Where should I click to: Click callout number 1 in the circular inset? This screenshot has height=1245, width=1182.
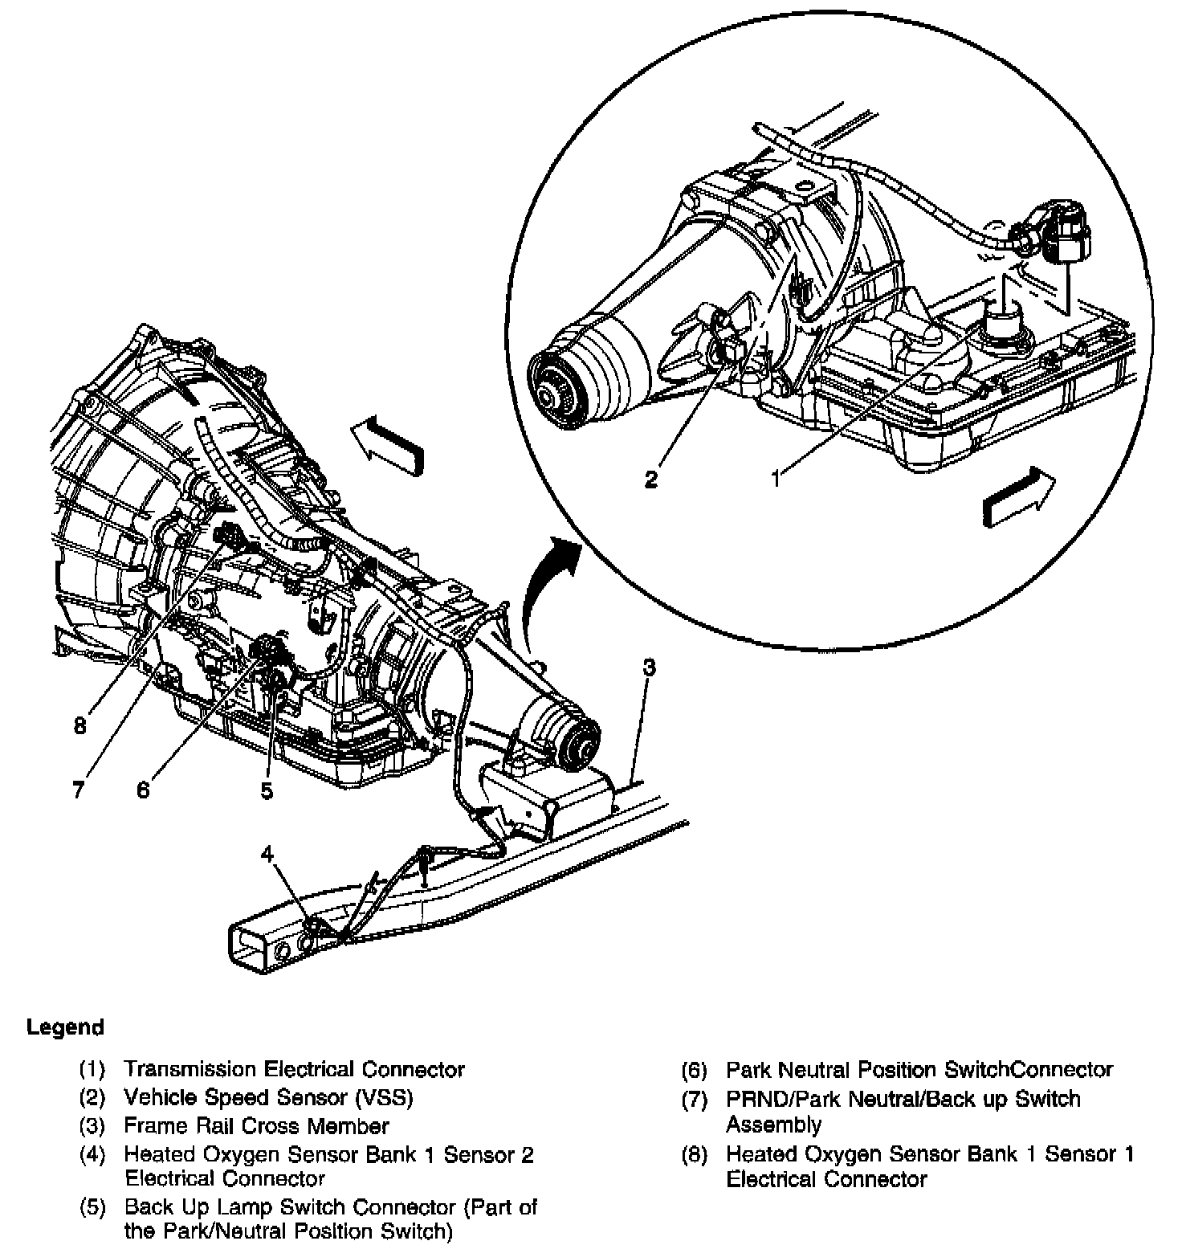point(776,480)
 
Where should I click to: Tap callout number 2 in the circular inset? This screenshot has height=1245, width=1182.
point(651,480)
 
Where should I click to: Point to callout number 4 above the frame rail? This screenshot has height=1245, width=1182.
point(267,854)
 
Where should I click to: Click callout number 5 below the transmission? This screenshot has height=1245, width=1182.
point(267,790)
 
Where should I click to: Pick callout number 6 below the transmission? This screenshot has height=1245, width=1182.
point(143,790)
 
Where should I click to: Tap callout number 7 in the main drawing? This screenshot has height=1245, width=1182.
point(78,790)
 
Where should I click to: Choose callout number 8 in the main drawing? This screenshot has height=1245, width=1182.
point(79,726)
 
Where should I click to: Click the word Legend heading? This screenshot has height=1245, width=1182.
point(65,1027)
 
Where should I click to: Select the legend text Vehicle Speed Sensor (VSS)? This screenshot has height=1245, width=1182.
point(268,1097)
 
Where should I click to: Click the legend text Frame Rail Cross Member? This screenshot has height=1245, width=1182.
point(256,1125)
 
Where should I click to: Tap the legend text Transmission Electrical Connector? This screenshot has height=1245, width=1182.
point(294,1069)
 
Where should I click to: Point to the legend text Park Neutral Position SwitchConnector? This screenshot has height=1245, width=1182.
point(919,1069)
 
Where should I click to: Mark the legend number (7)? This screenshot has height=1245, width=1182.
point(695,1099)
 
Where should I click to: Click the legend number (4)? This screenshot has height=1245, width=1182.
point(92,1155)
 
